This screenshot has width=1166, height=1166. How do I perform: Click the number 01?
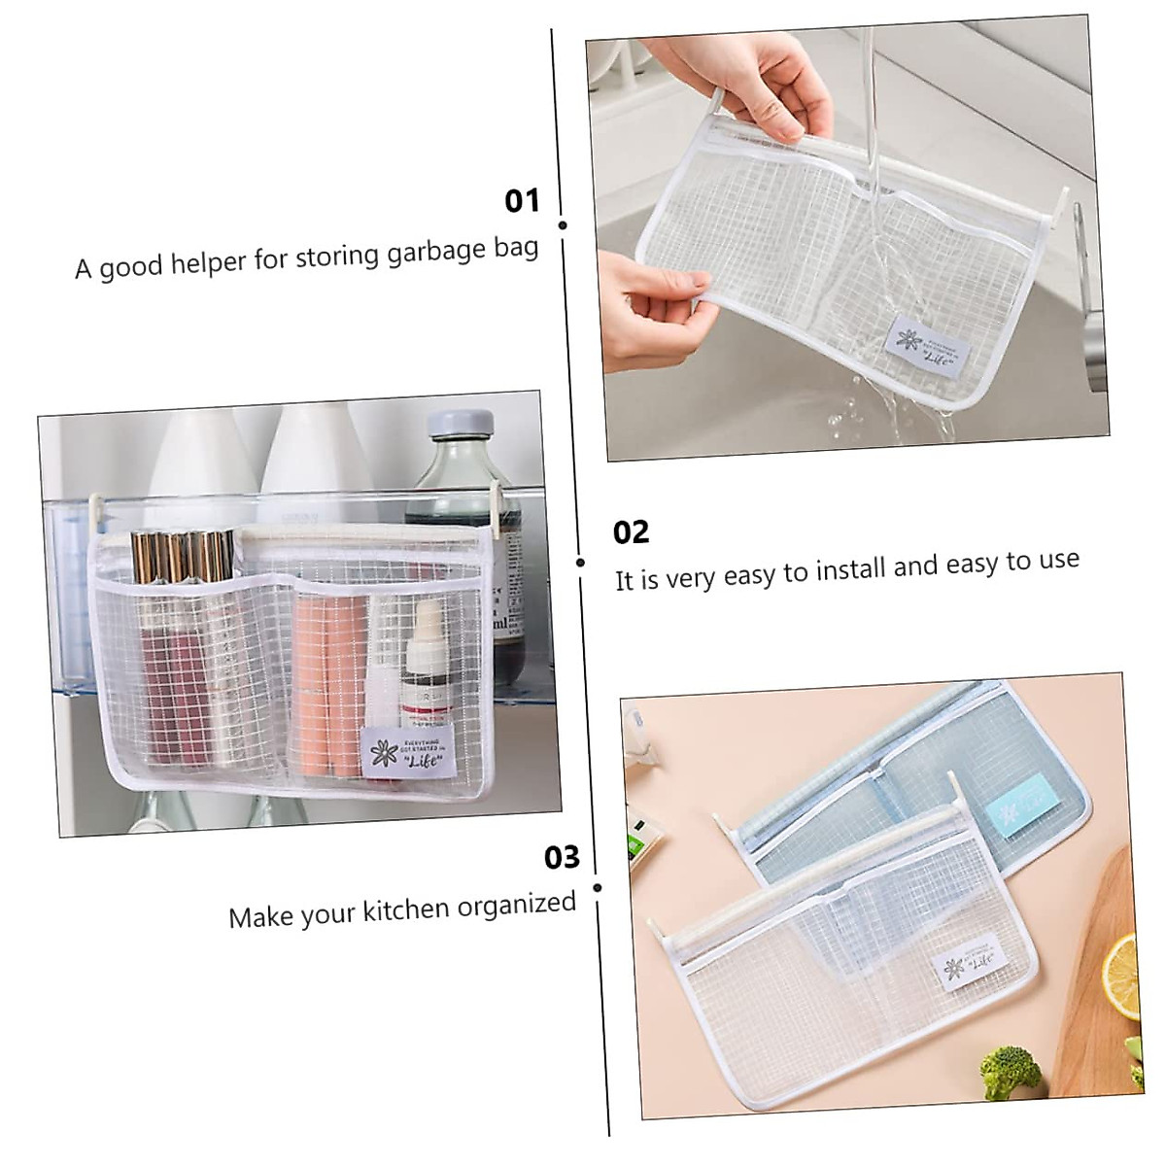click(522, 201)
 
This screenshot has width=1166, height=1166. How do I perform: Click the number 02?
click(631, 532)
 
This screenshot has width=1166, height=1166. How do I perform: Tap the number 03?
click(562, 857)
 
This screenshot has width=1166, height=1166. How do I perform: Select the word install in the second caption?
click(849, 568)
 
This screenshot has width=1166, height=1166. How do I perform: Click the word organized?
click(517, 904)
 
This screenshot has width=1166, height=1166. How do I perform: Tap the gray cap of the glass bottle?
click(460, 427)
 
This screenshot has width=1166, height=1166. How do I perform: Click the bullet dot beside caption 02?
click(581, 563)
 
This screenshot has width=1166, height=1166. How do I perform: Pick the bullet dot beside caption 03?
click(597, 887)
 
